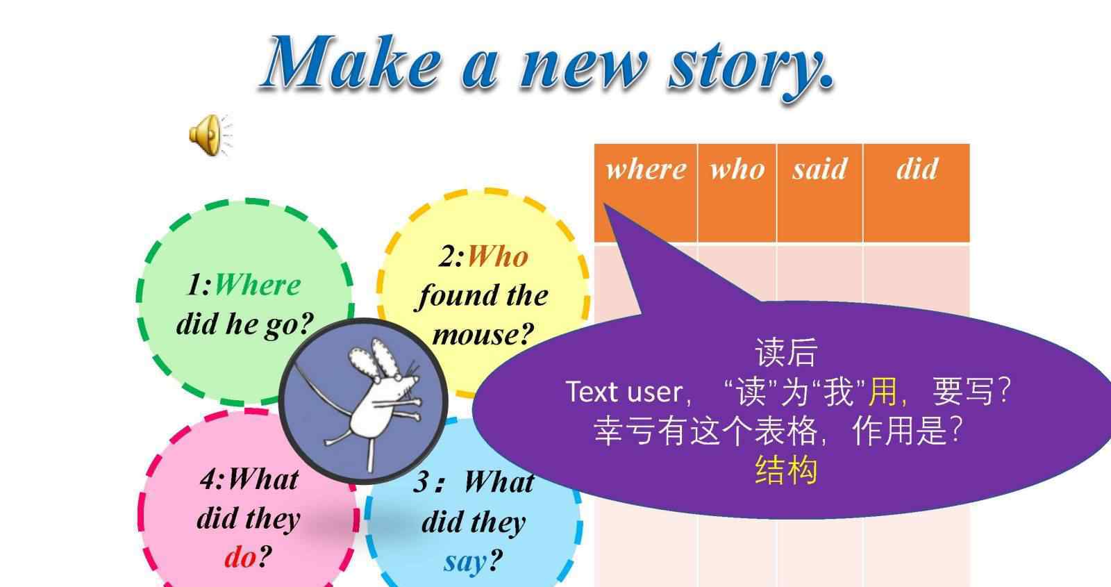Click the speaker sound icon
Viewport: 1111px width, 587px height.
209,135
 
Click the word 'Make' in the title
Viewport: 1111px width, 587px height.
353,62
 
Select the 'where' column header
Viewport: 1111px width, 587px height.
646,170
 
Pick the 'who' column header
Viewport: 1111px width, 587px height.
737,170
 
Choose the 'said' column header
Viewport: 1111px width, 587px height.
819,169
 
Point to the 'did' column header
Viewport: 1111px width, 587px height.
917,169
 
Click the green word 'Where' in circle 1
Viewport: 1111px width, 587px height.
258,285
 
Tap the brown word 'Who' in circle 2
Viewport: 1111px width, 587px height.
497,256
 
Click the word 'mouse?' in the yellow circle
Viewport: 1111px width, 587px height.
483,334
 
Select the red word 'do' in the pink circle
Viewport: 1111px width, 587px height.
240,556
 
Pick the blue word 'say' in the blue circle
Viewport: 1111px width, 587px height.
465,562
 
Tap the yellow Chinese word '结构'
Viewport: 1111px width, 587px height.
785,470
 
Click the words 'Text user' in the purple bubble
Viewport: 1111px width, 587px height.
625,392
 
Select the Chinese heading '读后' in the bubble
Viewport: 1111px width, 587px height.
785,353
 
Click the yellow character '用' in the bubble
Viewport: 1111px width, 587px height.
882,392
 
